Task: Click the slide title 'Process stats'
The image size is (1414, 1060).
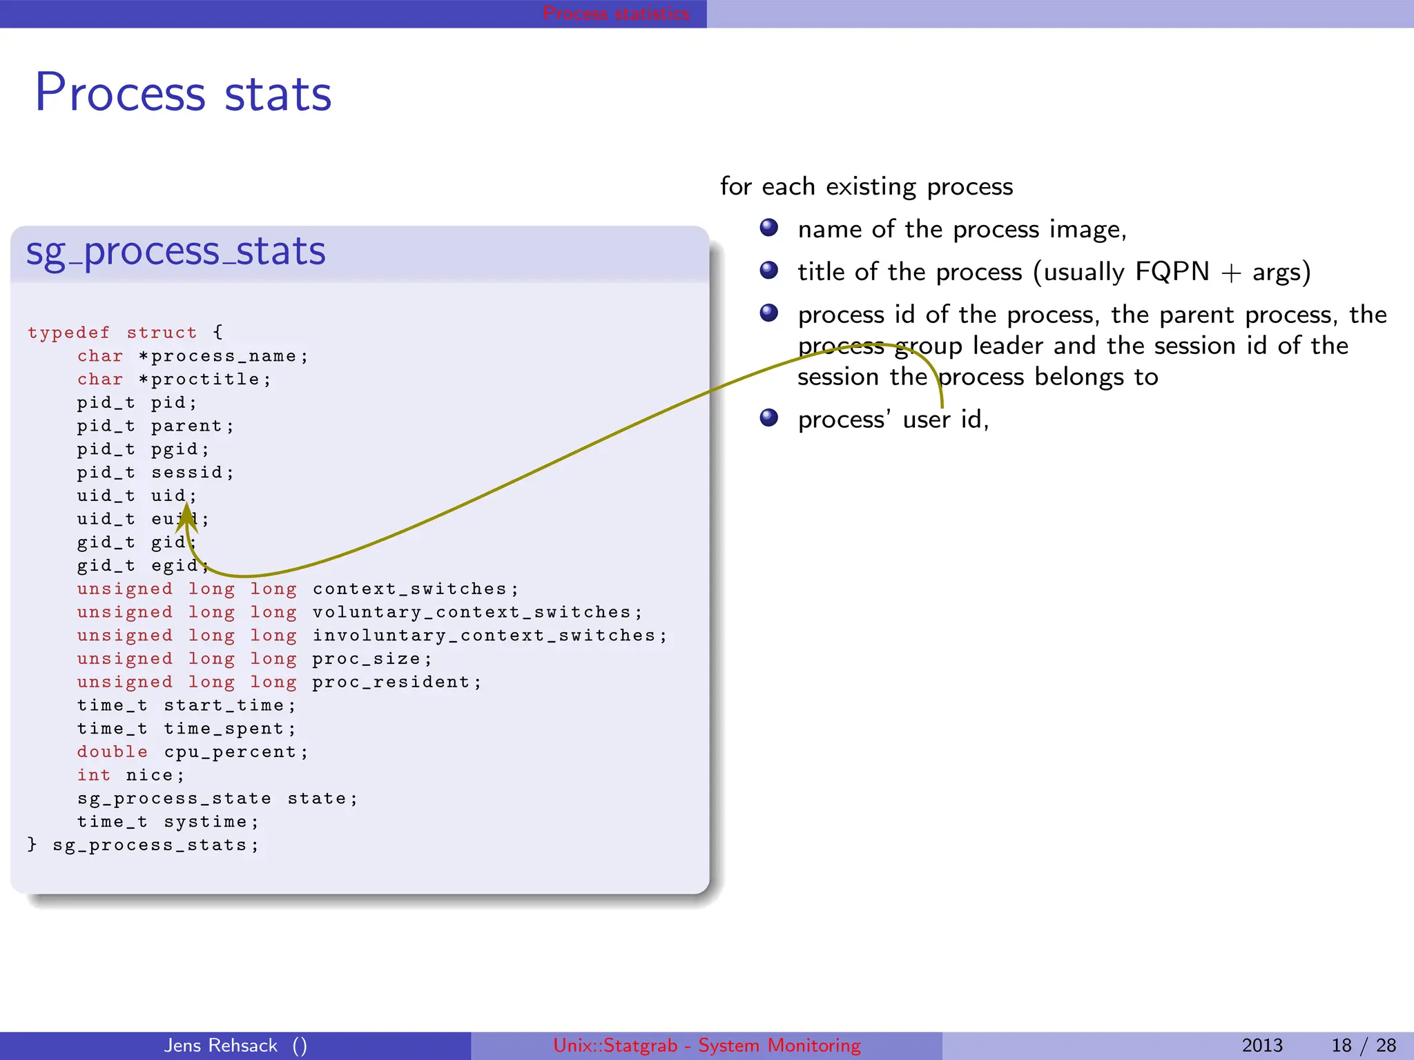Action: (x=183, y=93)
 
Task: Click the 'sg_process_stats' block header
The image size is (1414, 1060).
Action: (x=175, y=251)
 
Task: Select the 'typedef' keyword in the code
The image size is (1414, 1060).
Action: (x=68, y=333)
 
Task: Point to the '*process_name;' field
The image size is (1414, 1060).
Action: (x=223, y=356)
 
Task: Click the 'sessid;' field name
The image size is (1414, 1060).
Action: (x=193, y=473)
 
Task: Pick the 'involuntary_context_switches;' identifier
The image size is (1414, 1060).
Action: (x=490, y=636)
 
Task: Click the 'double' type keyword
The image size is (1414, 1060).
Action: (x=112, y=752)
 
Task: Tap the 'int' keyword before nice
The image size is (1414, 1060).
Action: (x=93, y=776)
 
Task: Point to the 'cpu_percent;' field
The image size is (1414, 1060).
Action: (x=236, y=752)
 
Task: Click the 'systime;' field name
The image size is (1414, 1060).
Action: (x=211, y=822)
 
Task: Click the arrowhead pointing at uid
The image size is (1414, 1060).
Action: (x=186, y=518)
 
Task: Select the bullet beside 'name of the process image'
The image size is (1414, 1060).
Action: (x=768, y=228)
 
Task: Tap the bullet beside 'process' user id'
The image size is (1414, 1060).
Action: (x=768, y=418)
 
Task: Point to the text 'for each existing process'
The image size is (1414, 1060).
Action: (x=866, y=187)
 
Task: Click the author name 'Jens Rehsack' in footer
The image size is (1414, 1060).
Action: (x=221, y=1046)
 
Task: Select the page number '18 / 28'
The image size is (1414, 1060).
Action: (x=1364, y=1046)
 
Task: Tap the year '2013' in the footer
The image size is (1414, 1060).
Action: (x=1262, y=1046)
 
